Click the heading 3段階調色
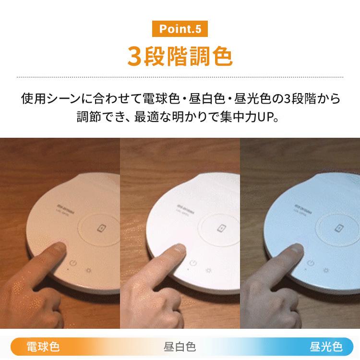click(x=180, y=56)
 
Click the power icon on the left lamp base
click(x=73, y=263)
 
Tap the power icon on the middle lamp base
click(x=193, y=264)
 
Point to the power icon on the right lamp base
click(x=311, y=263)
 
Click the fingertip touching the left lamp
click(x=59, y=248)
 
